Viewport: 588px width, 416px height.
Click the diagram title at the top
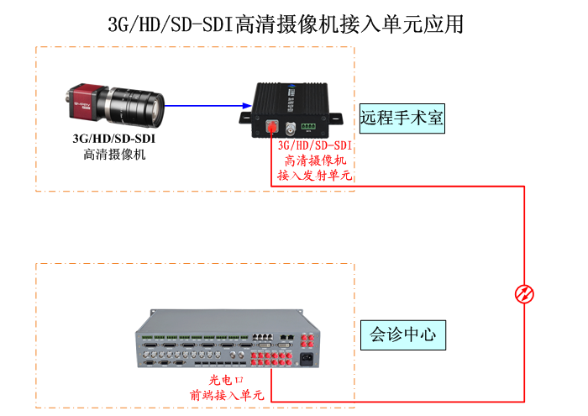(286, 24)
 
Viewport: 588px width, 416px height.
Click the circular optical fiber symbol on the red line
(524, 293)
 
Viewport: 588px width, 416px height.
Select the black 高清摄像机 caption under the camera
(114, 154)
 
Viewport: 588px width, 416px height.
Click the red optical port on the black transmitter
(271, 128)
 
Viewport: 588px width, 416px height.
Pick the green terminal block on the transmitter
(310, 127)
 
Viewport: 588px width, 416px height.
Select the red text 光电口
(226, 380)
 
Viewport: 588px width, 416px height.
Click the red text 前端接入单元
(226, 395)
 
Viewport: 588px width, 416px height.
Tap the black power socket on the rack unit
(306, 361)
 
